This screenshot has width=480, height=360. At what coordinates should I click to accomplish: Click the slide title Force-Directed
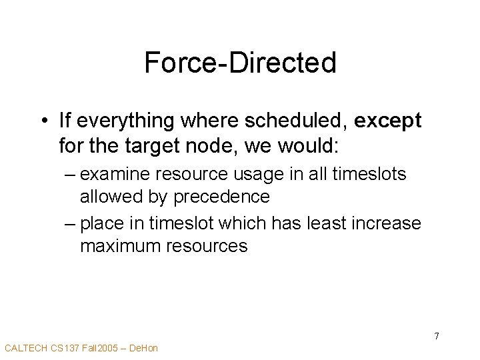coord(240,63)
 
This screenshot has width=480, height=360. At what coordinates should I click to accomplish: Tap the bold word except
coord(388,121)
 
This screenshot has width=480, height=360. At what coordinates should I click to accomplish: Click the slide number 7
coord(437,336)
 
